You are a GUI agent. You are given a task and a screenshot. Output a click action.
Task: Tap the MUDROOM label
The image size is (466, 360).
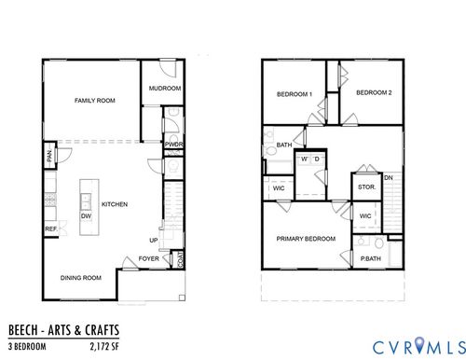(x=164, y=89)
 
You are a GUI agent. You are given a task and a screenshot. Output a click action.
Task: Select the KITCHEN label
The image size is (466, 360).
(x=115, y=205)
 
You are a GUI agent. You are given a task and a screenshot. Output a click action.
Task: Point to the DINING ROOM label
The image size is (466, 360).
(x=81, y=277)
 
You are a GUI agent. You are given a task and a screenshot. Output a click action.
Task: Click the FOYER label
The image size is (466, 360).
(x=148, y=258)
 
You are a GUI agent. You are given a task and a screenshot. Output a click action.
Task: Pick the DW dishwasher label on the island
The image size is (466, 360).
(x=85, y=215)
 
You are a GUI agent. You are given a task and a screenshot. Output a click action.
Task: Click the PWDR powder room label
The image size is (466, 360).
(x=173, y=145)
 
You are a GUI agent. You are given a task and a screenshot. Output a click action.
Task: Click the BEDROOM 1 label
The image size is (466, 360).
(x=295, y=93)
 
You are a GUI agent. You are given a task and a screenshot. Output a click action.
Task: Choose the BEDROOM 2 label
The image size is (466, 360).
(x=374, y=92)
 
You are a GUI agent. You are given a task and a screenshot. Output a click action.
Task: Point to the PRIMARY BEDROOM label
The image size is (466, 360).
(x=306, y=239)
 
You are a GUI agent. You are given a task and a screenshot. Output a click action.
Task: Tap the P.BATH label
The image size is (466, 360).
(x=371, y=258)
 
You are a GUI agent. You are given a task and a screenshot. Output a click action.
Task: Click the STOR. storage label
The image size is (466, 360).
(x=366, y=187)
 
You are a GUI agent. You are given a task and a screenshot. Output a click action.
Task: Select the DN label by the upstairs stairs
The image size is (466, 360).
(x=388, y=177)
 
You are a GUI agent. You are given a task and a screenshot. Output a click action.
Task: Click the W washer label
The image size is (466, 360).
(x=302, y=159)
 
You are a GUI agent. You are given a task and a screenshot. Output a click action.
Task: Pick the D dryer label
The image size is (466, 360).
(x=317, y=159)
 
